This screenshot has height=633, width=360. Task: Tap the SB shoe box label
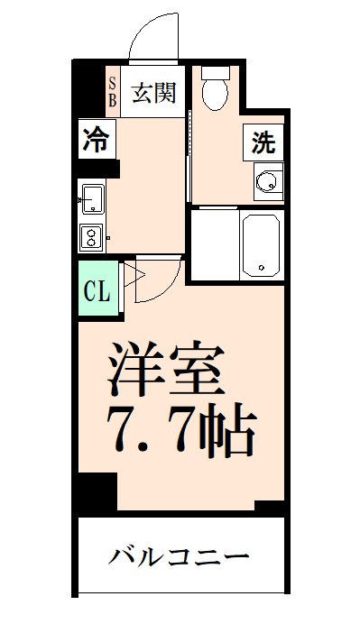pyautogui.click(x=113, y=93)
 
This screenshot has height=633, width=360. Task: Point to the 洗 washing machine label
pyautogui.click(x=262, y=142)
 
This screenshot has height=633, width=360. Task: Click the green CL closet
pyautogui.click(x=97, y=290)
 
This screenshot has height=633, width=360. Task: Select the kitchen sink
pyautogui.click(x=93, y=198)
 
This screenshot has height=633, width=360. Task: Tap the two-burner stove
pyautogui.click(x=93, y=236)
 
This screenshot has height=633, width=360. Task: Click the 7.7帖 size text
pyautogui.click(x=180, y=432)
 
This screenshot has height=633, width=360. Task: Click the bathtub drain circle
pyautogui.click(x=262, y=268)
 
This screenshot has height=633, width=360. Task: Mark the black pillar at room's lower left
pyautogui.click(x=96, y=492)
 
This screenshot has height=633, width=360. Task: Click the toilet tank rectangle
pyautogui.click(x=216, y=71)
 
